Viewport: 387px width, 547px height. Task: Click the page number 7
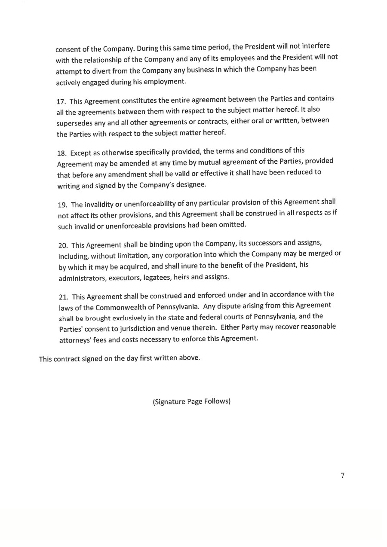(x=342, y=475)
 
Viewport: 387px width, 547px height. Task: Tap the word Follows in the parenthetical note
(x=217, y=401)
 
